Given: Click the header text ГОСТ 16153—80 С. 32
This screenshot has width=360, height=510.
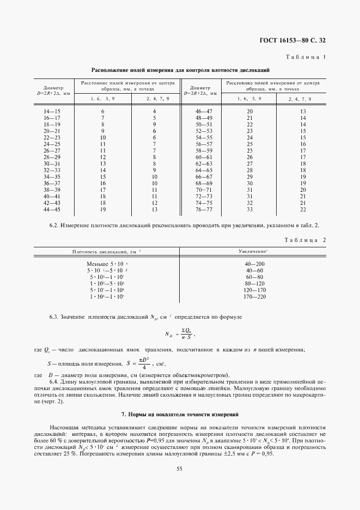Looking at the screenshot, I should click(295, 40).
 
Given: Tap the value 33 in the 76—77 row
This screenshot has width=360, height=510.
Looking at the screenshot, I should click(250, 209).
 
